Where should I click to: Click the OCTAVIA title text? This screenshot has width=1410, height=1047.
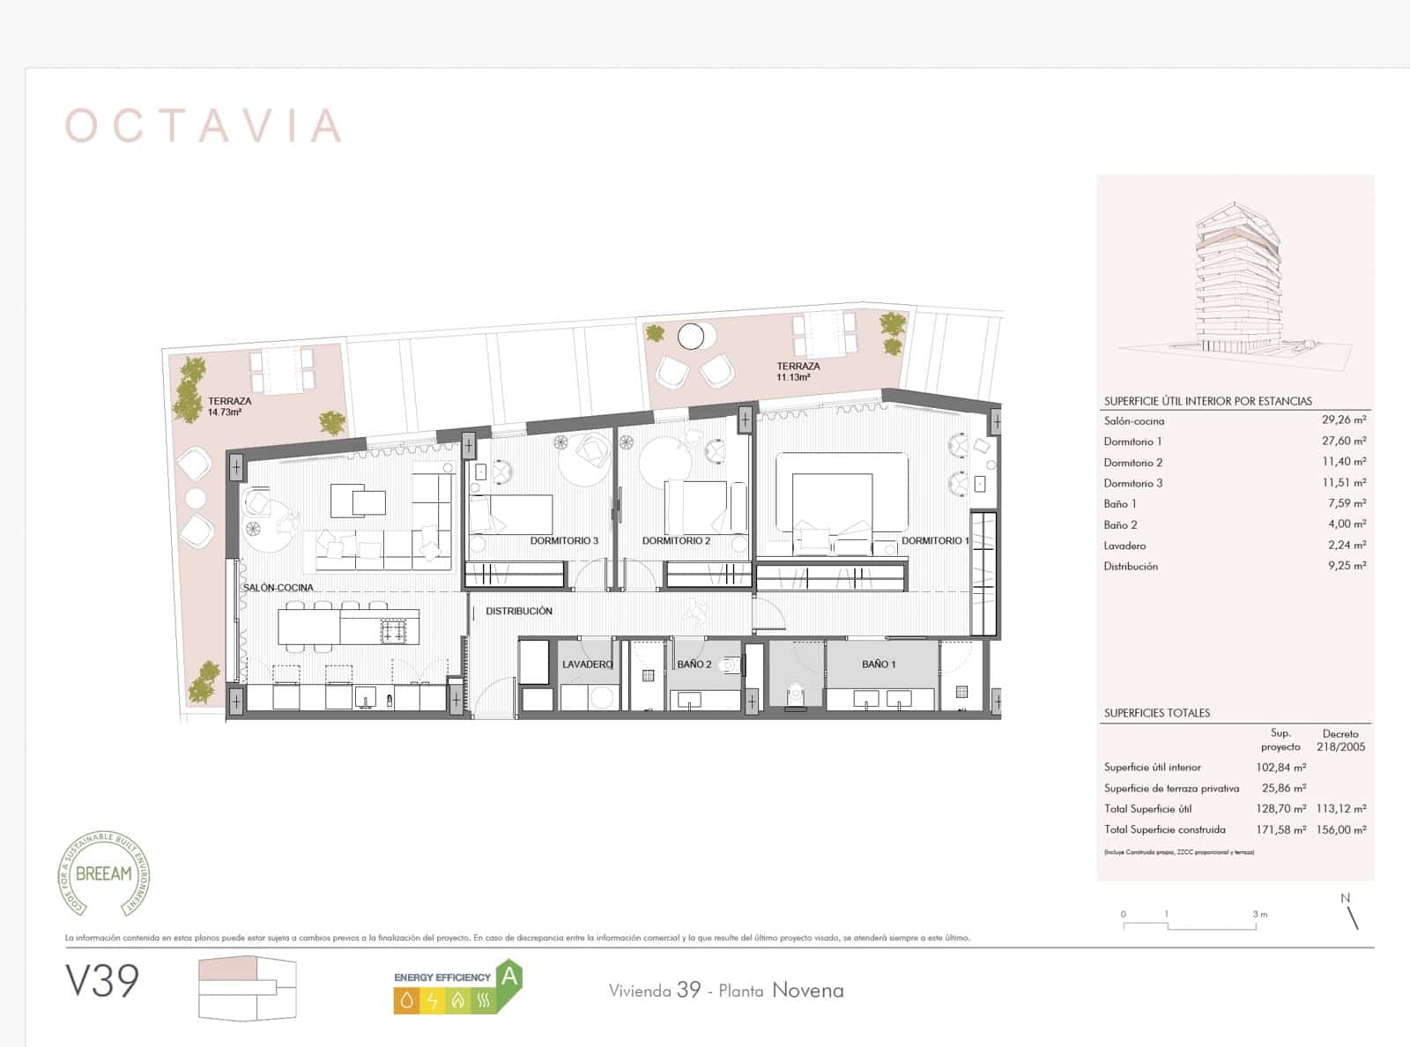coord(204,126)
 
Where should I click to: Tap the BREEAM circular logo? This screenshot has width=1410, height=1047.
coord(105,872)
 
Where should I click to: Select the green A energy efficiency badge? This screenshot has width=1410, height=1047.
coord(509,976)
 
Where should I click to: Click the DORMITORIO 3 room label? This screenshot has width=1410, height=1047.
coord(564,540)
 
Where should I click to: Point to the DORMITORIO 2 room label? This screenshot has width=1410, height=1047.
coord(676,540)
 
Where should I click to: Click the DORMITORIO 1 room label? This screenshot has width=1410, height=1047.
coord(935,540)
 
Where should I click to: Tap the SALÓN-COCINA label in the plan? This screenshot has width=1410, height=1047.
coord(278,587)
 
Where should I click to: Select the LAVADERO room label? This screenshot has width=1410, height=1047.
coord(587,664)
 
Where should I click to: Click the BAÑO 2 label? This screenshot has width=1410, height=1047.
coord(694,664)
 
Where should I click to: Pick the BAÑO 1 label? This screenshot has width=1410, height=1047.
coord(879,664)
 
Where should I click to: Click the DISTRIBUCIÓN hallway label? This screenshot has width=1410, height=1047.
coord(519,611)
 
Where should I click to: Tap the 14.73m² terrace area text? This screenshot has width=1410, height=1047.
coord(225,412)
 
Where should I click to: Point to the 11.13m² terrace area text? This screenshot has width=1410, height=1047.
coord(793,377)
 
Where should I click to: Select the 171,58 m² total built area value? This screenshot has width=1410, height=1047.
coord(1280,829)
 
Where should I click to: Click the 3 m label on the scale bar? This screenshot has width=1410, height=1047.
coord(1260,914)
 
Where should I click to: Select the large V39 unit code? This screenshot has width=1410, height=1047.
coord(102,981)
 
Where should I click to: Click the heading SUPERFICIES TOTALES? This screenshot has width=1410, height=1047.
coord(1157,713)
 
